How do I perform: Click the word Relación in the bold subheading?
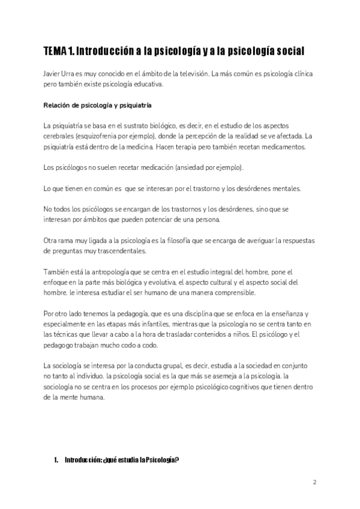(x=58, y=106)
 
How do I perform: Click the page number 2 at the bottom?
(x=314, y=481)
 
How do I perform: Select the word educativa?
(x=146, y=85)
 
